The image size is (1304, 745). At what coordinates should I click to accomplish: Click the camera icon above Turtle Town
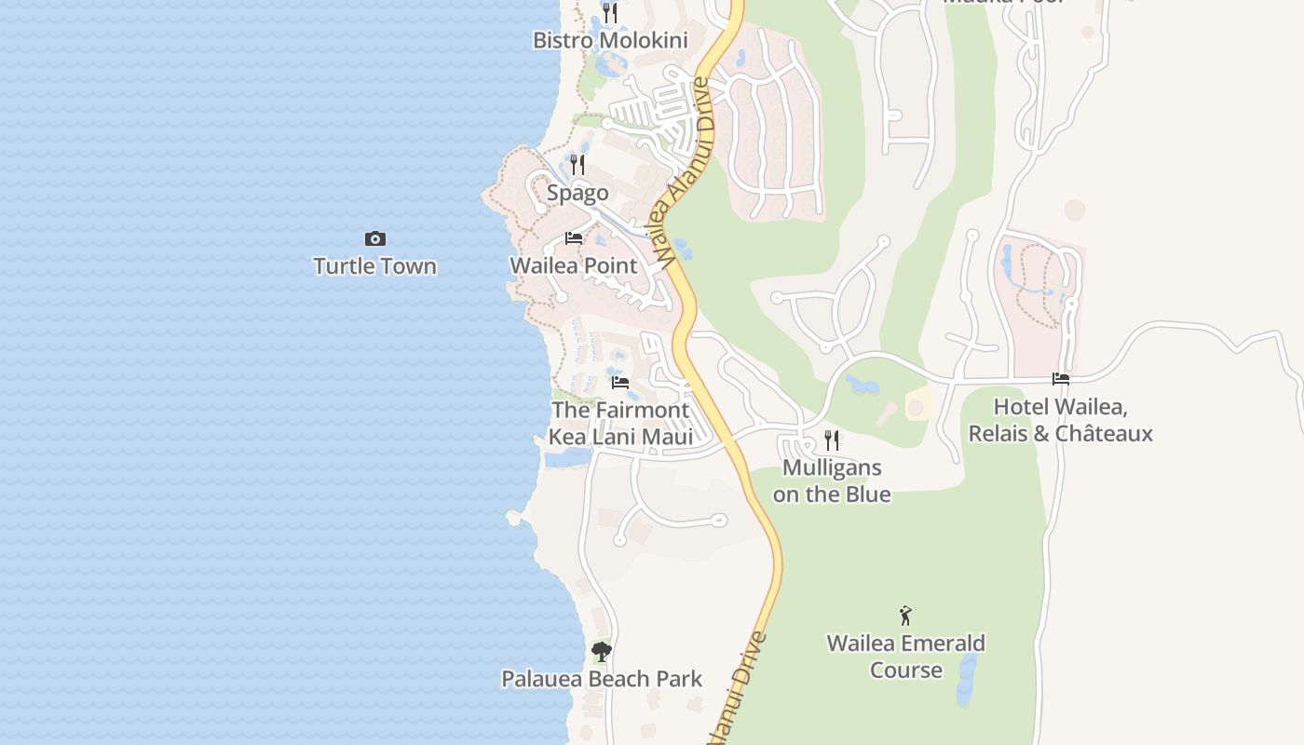(374, 239)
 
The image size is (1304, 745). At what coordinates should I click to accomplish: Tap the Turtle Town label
(374, 266)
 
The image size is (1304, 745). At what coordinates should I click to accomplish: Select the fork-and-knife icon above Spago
(577, 165)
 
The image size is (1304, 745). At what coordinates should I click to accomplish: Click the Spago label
(577, 193)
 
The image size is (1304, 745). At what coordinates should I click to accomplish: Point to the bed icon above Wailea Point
(574, 239)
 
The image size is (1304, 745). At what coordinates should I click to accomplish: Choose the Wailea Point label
(574, 265)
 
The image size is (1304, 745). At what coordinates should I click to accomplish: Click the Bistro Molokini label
(610, 40)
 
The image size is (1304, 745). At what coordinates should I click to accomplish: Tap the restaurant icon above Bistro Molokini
(609, 12)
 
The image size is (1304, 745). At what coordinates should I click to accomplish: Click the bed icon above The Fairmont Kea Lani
(620, 383)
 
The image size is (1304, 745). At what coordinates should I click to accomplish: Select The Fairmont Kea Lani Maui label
(620, 424)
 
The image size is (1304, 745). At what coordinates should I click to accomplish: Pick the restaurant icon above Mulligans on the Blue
(832, 440)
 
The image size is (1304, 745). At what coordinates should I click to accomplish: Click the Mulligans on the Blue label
(832, 481)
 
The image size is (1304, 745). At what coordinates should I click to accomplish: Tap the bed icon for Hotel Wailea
(1061, 379)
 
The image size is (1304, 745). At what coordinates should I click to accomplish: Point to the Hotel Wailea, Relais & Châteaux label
(1061, 420)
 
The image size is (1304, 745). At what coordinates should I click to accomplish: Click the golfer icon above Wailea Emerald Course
(905, 616)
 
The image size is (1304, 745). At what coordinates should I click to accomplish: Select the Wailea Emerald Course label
(905, 657)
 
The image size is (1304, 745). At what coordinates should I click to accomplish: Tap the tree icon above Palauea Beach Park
(602, 652)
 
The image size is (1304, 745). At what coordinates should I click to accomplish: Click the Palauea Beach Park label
(602, 679)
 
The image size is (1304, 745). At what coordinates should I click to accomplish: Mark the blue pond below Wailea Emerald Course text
(967, 680)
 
